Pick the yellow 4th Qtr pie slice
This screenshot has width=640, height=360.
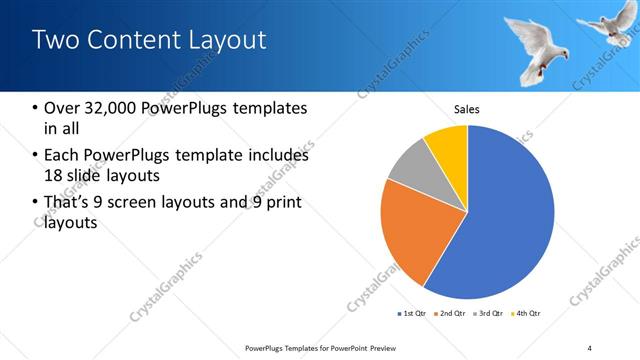click(x=448, y=146)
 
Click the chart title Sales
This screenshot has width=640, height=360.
click(x=467, y=108)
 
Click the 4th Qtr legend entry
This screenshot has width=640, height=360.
click(x=527, y=314)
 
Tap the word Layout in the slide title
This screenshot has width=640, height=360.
click(x=231, y=41)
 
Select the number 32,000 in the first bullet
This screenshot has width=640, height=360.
click(x=115, y=108)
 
